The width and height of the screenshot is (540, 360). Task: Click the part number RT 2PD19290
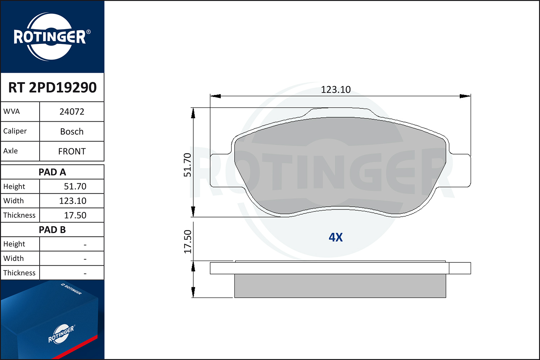point(52,87)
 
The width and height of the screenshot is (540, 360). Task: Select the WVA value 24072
point(72,112)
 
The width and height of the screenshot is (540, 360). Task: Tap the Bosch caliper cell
point(72,131)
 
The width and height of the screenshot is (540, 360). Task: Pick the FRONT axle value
point(72,152)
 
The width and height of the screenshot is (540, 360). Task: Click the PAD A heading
point(52,172)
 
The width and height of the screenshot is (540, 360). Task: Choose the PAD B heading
point(52,230)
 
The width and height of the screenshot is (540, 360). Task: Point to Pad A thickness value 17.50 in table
point(75,215)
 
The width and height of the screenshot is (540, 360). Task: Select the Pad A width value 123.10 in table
point(73,201)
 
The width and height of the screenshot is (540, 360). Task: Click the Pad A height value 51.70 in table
point(75,186)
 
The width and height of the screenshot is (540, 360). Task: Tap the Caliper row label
point(15,131)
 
